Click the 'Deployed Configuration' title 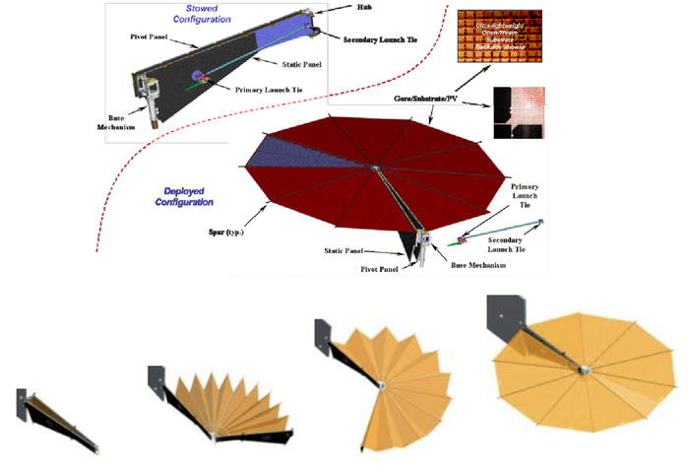[x=183, y=196]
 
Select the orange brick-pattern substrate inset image [x=496, y=40]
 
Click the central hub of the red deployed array [x=374, y=169]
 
